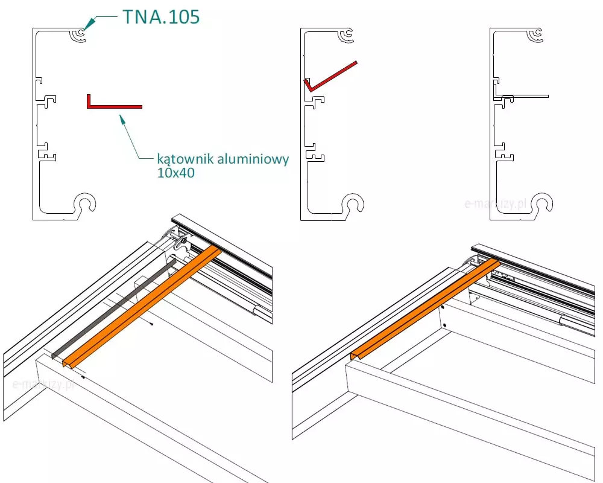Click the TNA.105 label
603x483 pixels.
(x=160, y=17)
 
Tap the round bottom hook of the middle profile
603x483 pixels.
(x=353, y=205)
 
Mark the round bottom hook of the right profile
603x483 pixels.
(x=542, y=205)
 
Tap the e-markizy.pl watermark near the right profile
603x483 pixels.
(x=496, y=204)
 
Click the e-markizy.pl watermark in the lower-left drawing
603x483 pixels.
(x=42, y=384)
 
